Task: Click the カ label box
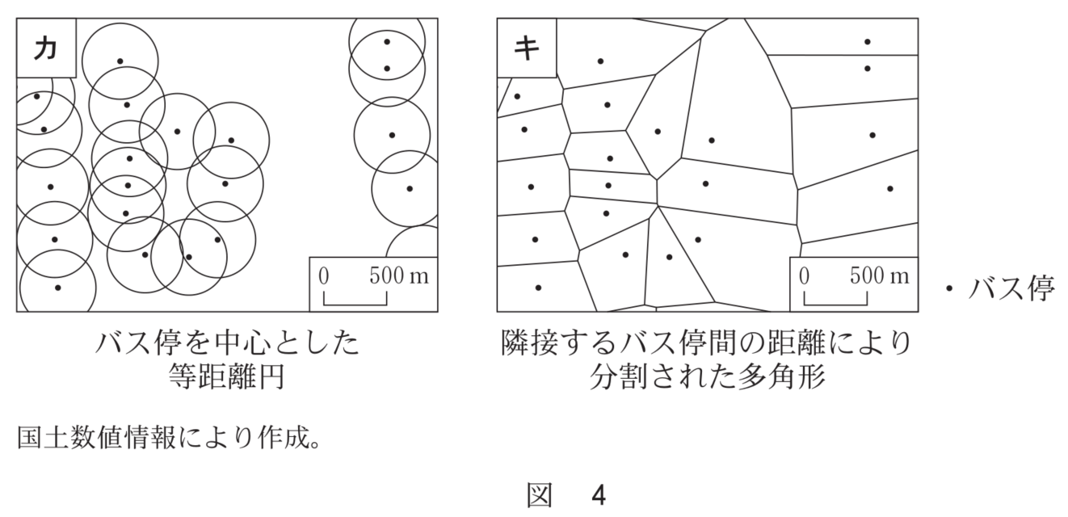click(x=45, y=48)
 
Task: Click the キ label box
click(x=526, y=48)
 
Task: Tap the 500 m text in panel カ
click(x=399, y=275)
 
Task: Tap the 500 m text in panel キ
click(x=879, y=275)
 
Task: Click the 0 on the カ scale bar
click(x=324, y=275)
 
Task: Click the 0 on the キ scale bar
click(x=804, y=275)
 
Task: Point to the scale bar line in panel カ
click(x=355, y=301)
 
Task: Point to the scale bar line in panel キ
click(x=835, y=301)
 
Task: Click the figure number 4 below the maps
click(x=598, y=494)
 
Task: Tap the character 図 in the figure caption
click(x=539, y=494)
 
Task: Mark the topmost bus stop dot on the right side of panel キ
click(x=867, y=42)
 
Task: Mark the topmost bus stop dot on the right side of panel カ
click(x=387, y=42)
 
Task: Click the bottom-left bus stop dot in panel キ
click(x=538, y=288)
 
